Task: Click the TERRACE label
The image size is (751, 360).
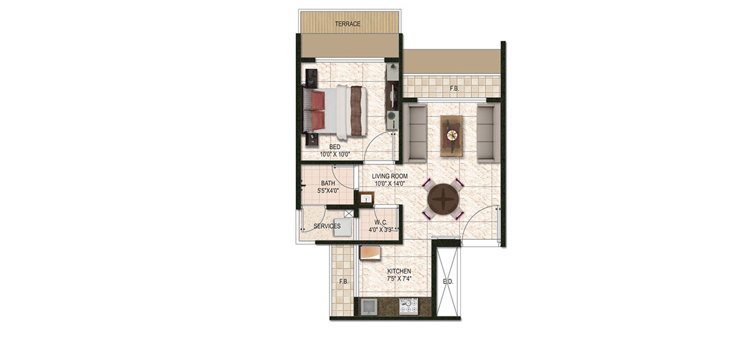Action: coord(347,24)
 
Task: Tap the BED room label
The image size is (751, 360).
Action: coord(334,147)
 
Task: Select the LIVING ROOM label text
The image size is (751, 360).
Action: coord(390,176)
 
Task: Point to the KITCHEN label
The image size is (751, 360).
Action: coord(399,271)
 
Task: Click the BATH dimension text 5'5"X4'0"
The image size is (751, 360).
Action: coord(328,191)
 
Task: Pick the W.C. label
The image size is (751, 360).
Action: coord(381,222)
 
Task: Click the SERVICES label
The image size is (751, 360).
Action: coord(327,226)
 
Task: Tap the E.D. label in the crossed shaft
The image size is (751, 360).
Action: coord(448,282)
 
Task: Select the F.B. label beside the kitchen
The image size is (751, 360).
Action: coord(344,282)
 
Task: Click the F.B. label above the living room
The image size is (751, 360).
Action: coord(455,89)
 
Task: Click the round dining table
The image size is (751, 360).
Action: coord(443,199)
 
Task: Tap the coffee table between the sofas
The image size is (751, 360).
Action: coord(451,136)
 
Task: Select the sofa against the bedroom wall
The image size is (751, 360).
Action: coord(415,133)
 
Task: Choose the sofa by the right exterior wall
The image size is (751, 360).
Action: coord(488,133)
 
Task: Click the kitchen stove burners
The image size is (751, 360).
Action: coord(409,306)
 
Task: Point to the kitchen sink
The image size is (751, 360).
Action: coord(369,306)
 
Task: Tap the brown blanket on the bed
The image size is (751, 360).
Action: coord(356,111)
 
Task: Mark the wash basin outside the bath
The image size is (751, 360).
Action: coord(366,199)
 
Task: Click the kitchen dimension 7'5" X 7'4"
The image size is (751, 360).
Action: coord(399,278)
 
